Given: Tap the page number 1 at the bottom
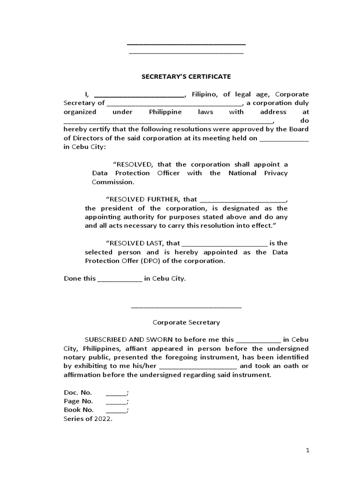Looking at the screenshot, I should click(307, 450).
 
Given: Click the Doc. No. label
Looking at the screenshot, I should click(78, 392).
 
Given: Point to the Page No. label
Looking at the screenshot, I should click(79, 401).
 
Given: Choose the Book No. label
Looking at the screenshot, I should click(79, 410).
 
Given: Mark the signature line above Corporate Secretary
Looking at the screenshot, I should click(186, 307).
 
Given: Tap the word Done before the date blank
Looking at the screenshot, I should click(73, 278).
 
